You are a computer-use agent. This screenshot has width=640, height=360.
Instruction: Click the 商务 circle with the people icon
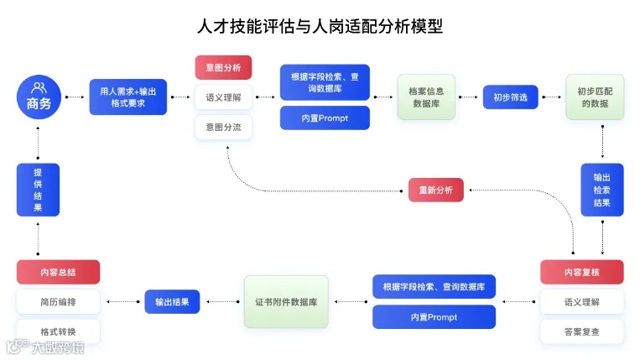pyautogui.click(x=39, y=97)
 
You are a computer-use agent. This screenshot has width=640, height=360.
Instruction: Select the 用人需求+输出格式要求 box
pyautogui.click(x=128, y=97)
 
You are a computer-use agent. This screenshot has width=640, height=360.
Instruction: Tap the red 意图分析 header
pyautogui.click(x=223, y=67)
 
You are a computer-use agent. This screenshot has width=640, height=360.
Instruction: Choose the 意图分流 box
pyautogui.click(x=223, y=128)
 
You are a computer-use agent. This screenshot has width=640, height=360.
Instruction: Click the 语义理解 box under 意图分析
pyautogui.click(x=223, y=97)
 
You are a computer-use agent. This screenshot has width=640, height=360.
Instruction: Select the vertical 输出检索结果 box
pyautogui.click(x=602, y=190)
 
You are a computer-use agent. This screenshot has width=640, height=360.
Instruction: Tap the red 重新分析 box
pyautogui.click(x=436, y=190)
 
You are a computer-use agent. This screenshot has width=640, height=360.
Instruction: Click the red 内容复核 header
pyautogui.click(x=581, y=272)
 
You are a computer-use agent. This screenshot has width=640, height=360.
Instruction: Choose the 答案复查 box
pyautogui.click(x=581, y=331)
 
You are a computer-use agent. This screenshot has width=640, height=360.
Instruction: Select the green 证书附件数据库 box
pyautogui.click(x=286, y=301)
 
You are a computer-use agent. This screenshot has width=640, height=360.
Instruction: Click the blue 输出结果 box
pyautogui.click(x=172, y=301)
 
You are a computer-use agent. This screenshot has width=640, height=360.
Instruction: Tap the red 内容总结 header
pyautogui.click(x=58, y=272)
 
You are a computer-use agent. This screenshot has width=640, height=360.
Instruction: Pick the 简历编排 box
pyautogui.click(x=58, y=301)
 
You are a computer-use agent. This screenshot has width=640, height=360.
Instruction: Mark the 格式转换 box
pyautogui.click(x=58, y=331)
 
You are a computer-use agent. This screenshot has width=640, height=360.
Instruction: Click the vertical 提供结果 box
pyautogui.click(x=39, y=190)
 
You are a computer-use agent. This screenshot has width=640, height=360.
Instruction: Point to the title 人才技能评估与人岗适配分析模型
pyautogui.click(x=319, y=27)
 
